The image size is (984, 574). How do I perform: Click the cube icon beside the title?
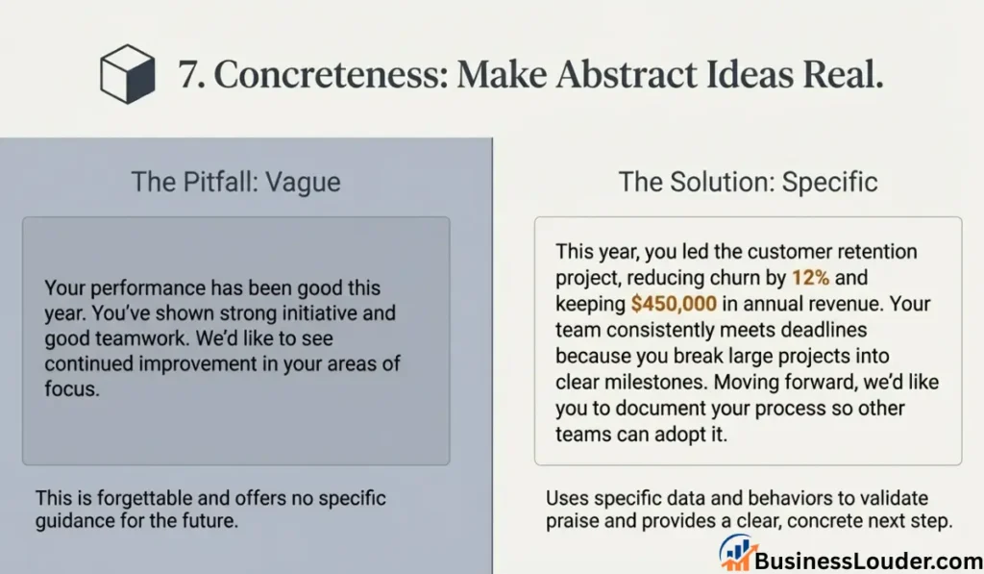tap(128, 73)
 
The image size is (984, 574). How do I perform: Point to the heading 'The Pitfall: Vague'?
tap(236, 182)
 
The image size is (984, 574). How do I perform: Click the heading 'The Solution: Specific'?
tap(748, 182)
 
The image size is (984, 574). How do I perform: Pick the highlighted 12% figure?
tap(810, 278)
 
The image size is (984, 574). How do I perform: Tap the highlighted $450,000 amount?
tap(674, 304)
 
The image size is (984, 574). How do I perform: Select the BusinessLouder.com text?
tap(869, 561)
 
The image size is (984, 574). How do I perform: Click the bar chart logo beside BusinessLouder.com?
tap(736, 553)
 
